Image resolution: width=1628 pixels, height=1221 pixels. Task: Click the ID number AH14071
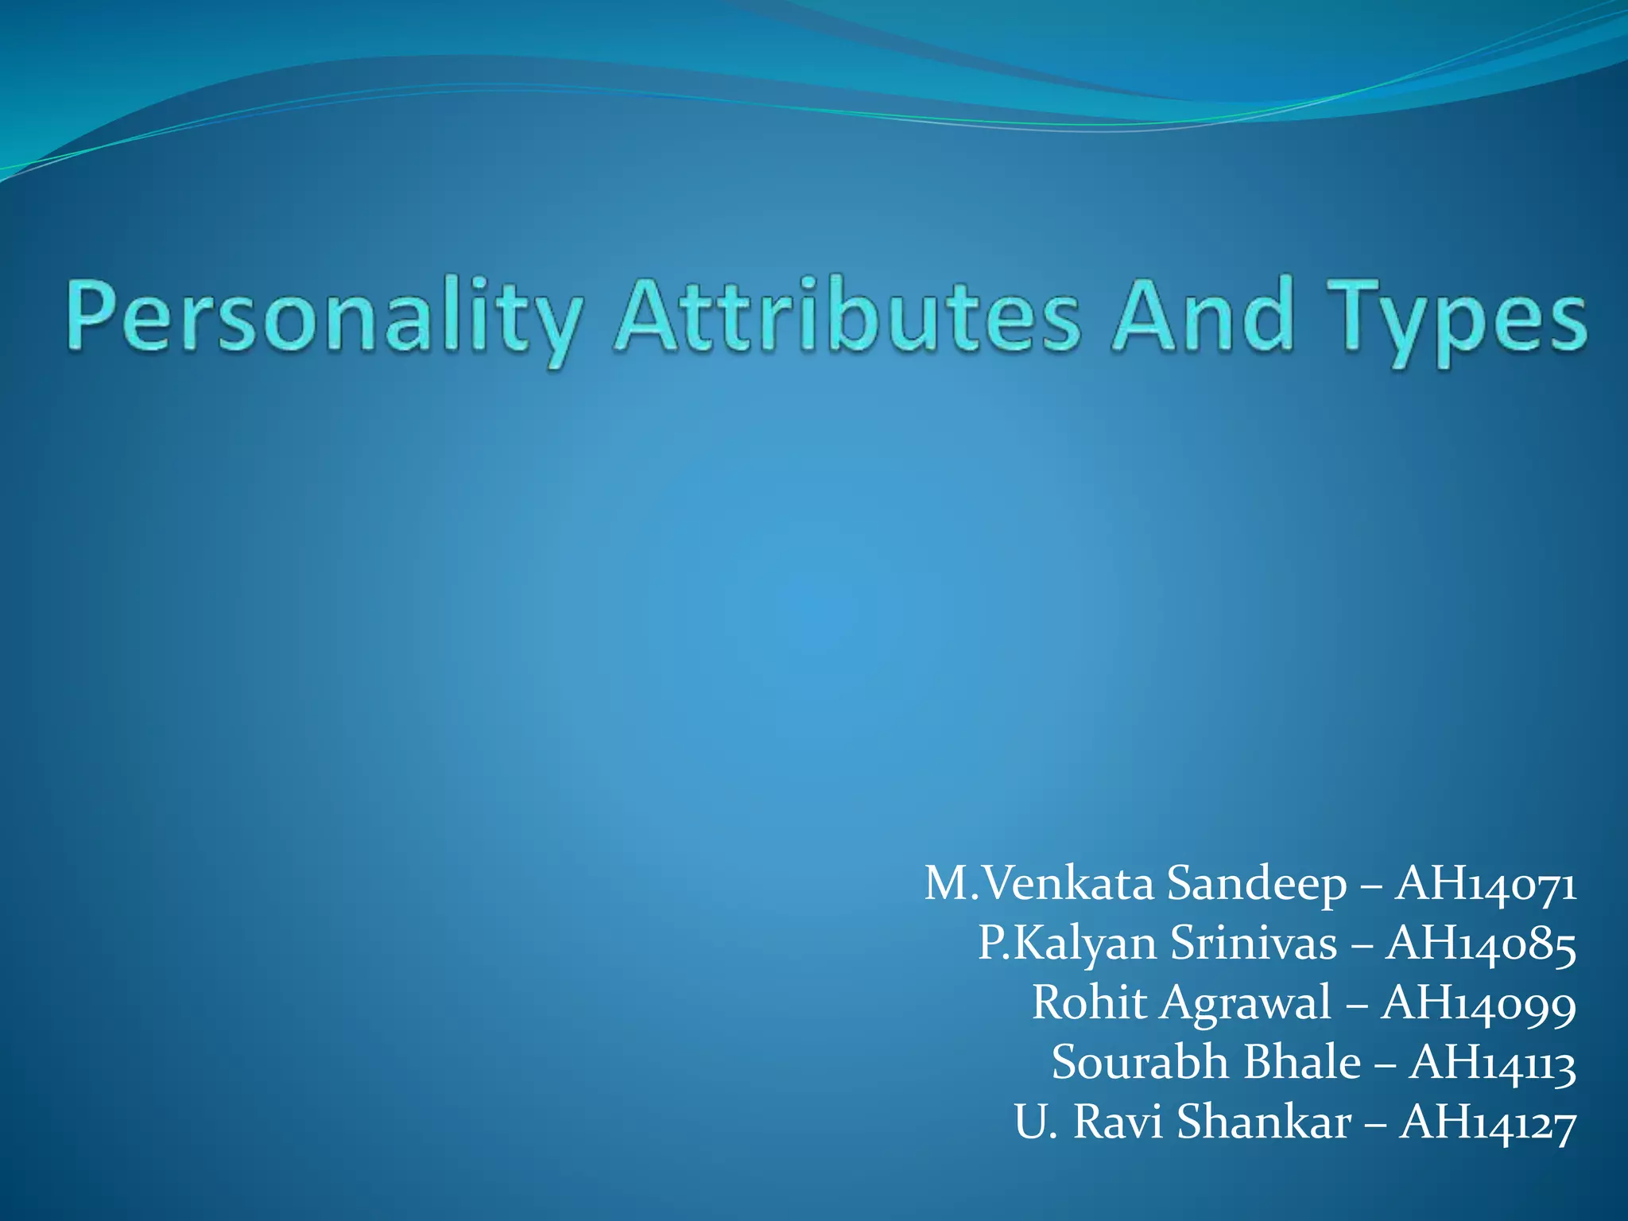click(1486, 884)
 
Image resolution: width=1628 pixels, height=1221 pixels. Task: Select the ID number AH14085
click(1481, 944)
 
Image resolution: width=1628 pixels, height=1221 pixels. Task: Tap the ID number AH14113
click(1492, 1063)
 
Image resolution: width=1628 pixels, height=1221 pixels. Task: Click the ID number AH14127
click(1487, 1122)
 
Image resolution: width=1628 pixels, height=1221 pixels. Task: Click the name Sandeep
click(1257, 884)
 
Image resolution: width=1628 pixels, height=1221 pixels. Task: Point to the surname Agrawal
click(1245, 1003)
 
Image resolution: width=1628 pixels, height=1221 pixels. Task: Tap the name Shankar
click(1264, 1122)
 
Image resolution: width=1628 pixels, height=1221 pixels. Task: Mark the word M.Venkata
click(1038, 884)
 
